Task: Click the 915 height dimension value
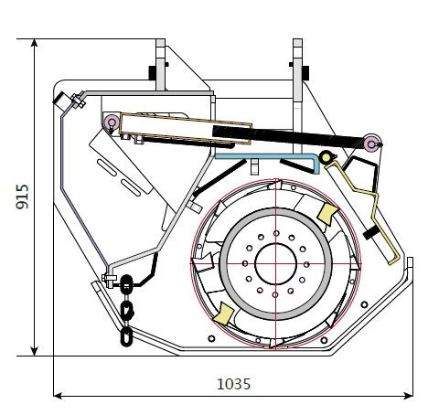point(22,197)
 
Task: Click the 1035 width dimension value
point(233,384)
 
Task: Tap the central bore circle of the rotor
point(275,264)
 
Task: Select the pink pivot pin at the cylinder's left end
point(112,122)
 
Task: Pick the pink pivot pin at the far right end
point(372,144)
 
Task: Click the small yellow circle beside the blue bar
point(326,157)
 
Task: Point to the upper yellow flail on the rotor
point(327,213)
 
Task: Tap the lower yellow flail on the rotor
point(223,314)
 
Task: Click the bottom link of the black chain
point(126,336)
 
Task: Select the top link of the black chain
point(126,284)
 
